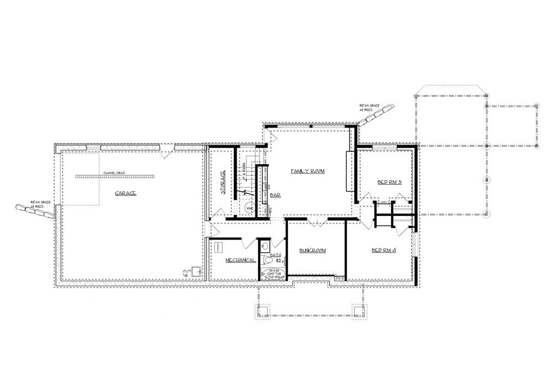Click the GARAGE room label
126,194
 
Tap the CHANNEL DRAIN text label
114,173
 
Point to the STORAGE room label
223,183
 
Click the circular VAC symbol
250,208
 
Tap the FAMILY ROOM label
307,171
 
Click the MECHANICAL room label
240,260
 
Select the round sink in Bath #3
264,245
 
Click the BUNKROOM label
313,251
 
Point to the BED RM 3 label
389,183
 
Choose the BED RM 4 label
383,250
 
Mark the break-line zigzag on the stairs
243,194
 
